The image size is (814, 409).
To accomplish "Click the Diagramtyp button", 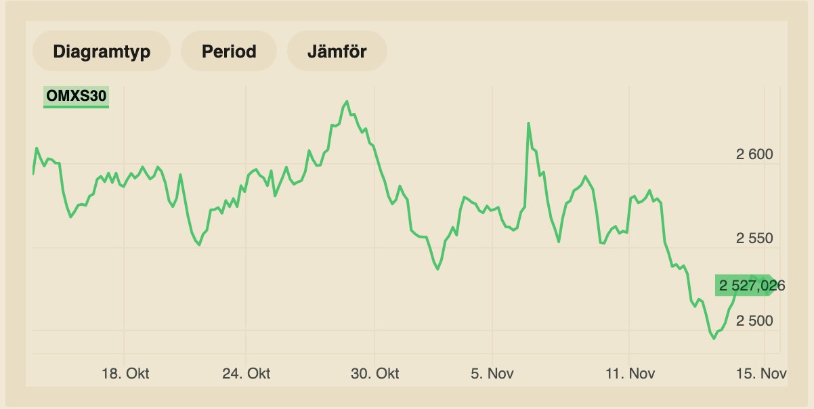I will pos(102,51).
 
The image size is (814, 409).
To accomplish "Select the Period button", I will pos(229,51).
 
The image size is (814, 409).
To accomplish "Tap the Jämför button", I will pos(337,51).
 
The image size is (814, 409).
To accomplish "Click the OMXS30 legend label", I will pos(76,97).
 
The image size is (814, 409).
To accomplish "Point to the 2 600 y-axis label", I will pos(754,154).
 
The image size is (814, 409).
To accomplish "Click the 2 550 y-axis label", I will pos(754,238).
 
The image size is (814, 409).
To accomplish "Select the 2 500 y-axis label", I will pos(754,320).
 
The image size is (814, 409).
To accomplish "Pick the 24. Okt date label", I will pos(246,373).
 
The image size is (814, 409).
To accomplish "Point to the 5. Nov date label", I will pos(492,373).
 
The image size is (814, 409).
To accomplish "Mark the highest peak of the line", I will pos(347,102).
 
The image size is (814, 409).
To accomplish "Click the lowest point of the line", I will pos(714,338).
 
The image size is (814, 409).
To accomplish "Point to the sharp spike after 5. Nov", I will pos(528,123).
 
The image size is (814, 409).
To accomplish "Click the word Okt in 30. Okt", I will pos(387,373).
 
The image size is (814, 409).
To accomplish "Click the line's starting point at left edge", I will pos(33,173).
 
